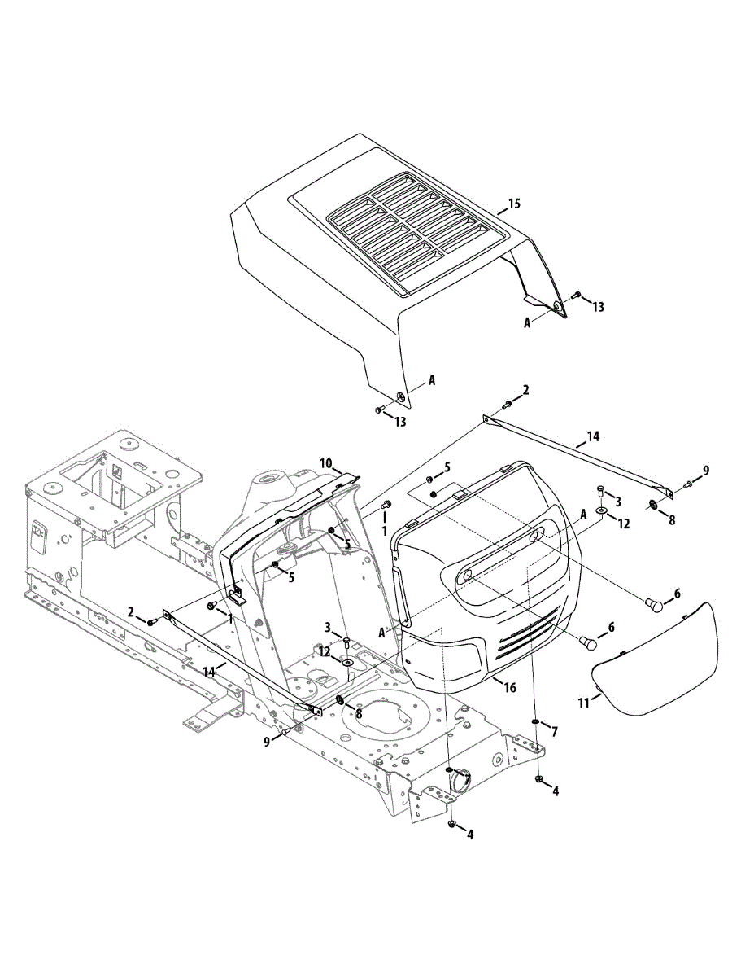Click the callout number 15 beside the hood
513,203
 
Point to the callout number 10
325,463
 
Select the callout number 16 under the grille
510,688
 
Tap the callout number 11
583,702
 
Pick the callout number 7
554,732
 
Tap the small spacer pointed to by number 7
536,721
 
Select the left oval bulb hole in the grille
465,576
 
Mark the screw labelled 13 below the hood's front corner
380,410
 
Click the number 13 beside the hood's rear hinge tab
598,307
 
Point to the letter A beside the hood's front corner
431,380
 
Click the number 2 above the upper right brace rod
525,390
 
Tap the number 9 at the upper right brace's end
705,470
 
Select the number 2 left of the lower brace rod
129,611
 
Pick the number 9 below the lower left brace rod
265,741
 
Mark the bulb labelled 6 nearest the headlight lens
656,603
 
